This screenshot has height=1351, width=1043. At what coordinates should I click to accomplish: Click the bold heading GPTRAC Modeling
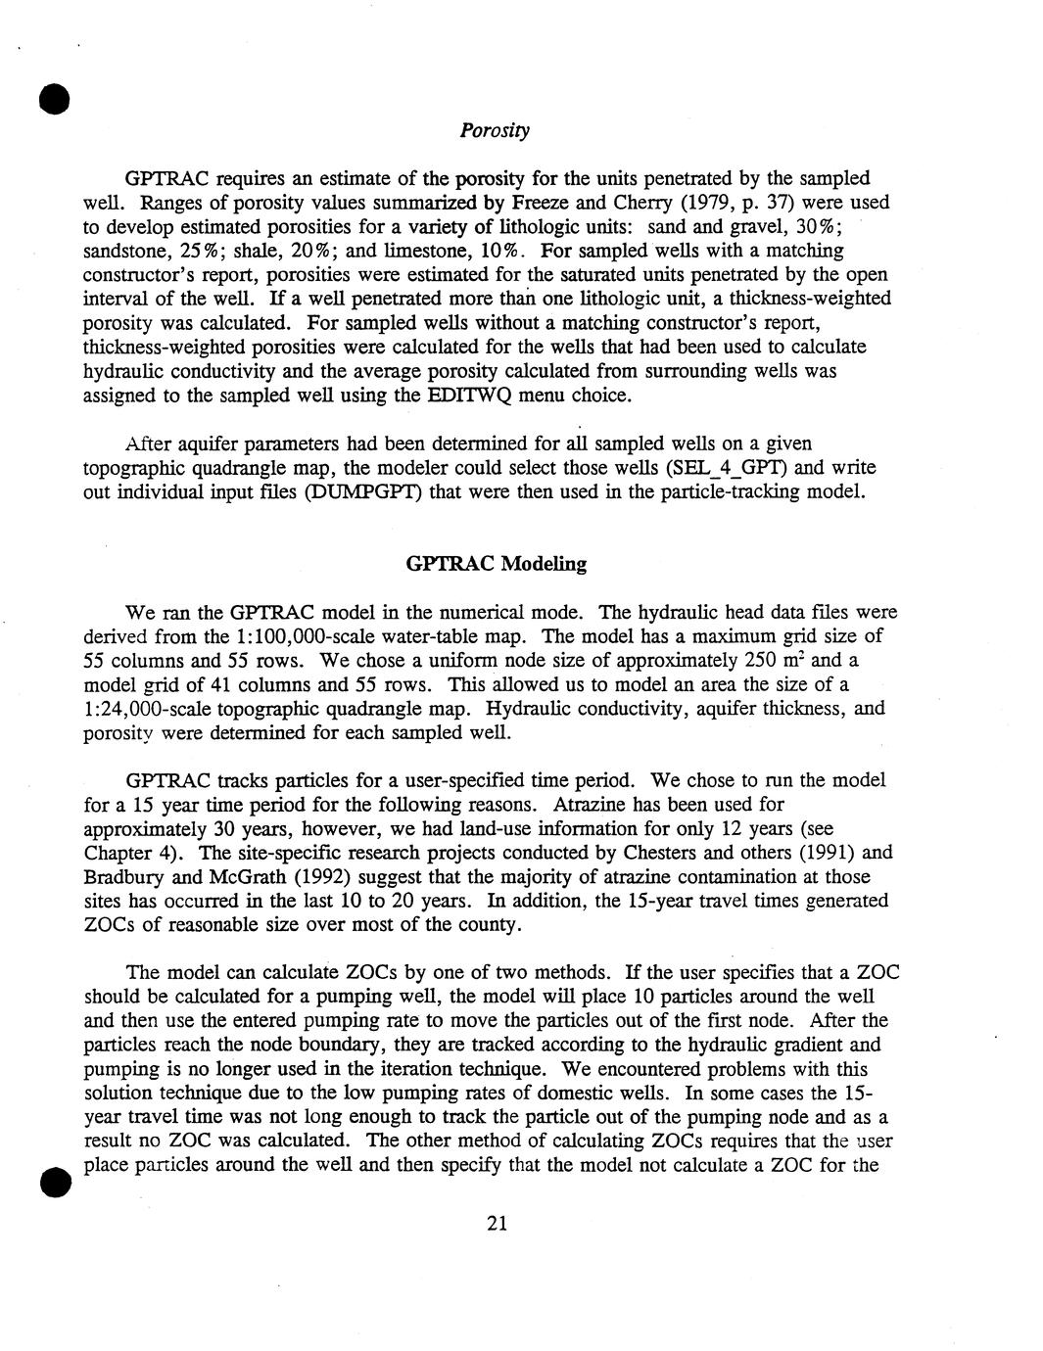tap(496, 564)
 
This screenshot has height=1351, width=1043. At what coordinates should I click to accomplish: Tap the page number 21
tap(497, 1223)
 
